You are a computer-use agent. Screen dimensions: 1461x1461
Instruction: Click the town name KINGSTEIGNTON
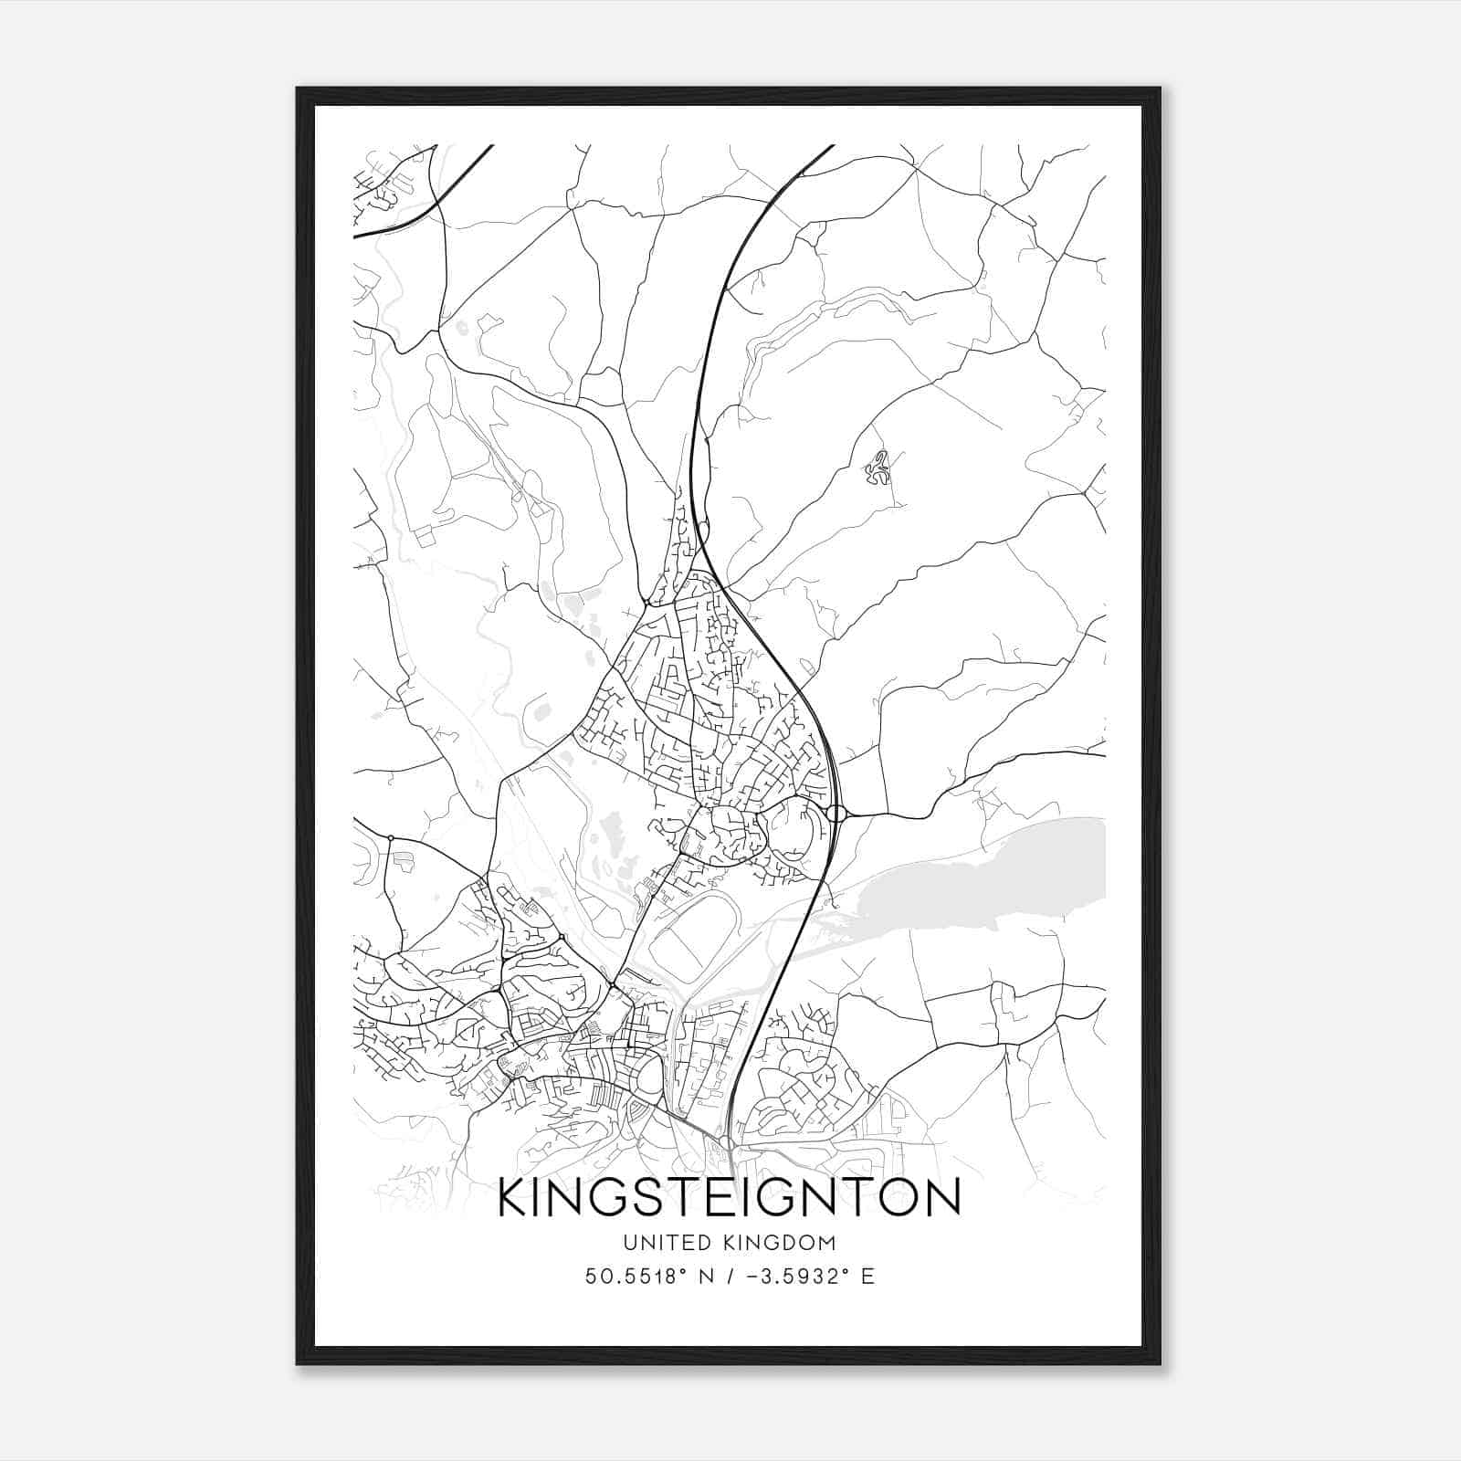point(730,1198)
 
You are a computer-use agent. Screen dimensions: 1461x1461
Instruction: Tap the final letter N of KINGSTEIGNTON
point(943,1198)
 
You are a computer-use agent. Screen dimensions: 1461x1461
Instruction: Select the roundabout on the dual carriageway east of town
point(836,813)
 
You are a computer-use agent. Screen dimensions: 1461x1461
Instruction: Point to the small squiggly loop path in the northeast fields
point(878,468)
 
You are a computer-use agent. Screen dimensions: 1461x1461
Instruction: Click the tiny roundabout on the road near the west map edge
point(391,837)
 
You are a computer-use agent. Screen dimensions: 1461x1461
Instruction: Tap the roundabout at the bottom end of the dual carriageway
point(726,1142)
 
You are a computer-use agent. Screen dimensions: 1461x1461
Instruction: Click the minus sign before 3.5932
point(752,1277)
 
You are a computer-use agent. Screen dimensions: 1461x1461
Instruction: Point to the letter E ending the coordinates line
point(867,1277)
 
